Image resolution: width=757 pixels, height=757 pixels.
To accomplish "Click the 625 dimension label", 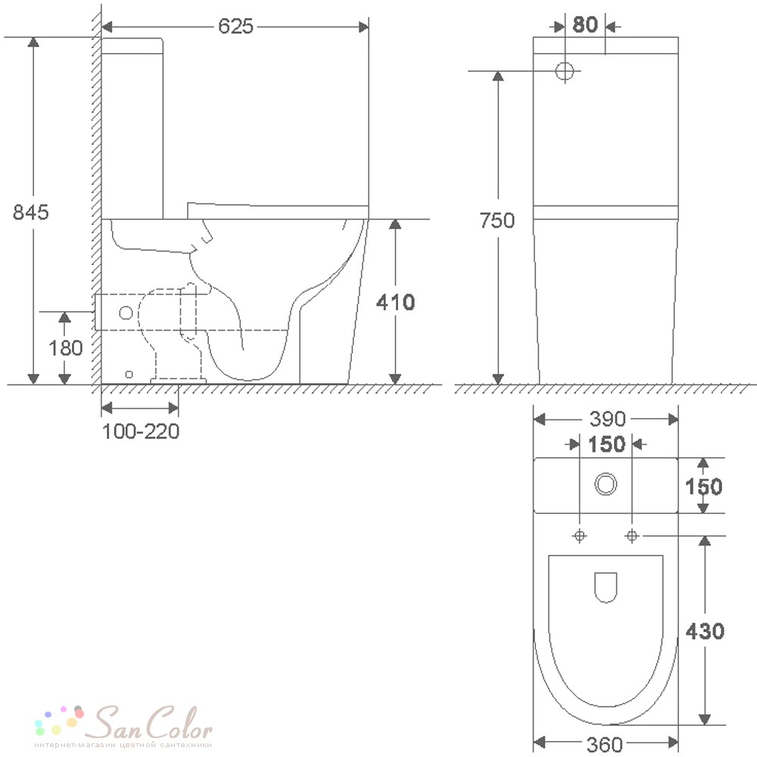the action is click(235, 26).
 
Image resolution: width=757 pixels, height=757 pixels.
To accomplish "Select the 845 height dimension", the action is click(30, 212).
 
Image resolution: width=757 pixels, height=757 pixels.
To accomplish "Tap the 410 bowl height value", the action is click(395, 302).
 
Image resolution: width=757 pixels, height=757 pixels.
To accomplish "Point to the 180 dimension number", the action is click(66, 347).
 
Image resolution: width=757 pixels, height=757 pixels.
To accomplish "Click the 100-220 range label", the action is click(141, 431).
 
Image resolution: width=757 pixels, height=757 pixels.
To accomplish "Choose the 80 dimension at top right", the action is click(585, 24).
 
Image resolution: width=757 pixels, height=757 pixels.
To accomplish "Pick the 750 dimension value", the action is click(497, 220).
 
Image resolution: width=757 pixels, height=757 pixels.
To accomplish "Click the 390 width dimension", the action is click(607, 419).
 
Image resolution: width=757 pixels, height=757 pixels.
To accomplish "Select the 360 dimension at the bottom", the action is click(605, 744).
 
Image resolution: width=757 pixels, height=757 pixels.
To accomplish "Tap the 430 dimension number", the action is click(705, 631).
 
